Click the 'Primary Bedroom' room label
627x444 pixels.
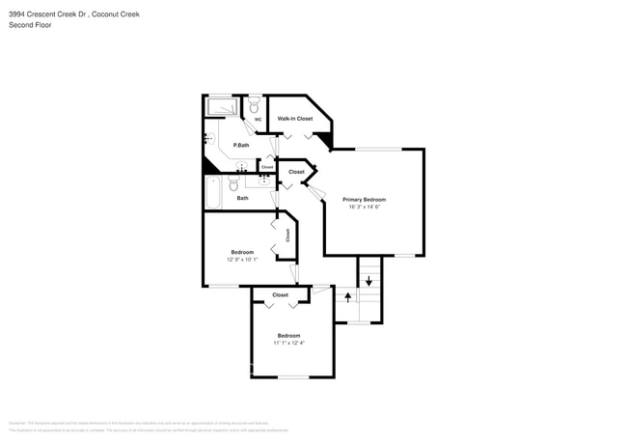pos(371,200)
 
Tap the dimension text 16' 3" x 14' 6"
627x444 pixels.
pos(371,208)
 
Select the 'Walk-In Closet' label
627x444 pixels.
pos(295,119)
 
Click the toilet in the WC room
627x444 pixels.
pos(254,106)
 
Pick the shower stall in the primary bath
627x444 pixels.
pos(223,106)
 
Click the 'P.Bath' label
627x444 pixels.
pos(241,146)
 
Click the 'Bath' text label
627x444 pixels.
pos(242,198)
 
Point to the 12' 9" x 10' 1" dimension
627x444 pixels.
pos(242,259)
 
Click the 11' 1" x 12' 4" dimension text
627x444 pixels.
pos(288,343)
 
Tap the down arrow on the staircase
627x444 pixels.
pos(368,281)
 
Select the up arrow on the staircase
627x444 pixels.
pos(348,298)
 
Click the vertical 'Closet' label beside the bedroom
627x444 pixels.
pos(287,234)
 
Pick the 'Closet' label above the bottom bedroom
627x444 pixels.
pos(281,295)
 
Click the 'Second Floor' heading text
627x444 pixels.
pos(30,25)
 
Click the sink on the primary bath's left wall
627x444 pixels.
pos(208,139)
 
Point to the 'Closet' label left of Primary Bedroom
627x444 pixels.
pos(296,172)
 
